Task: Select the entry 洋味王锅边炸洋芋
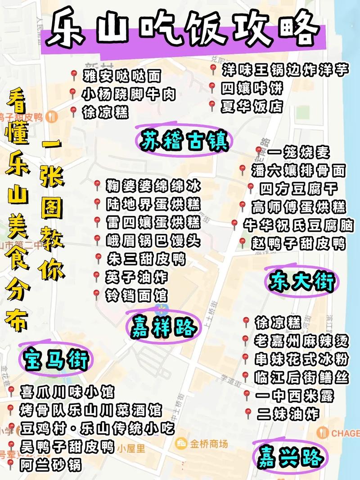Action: click(285, 70)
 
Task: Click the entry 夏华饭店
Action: click(252, 107)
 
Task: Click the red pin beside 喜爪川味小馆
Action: click(11, 390)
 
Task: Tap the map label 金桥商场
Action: click(208, 443)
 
